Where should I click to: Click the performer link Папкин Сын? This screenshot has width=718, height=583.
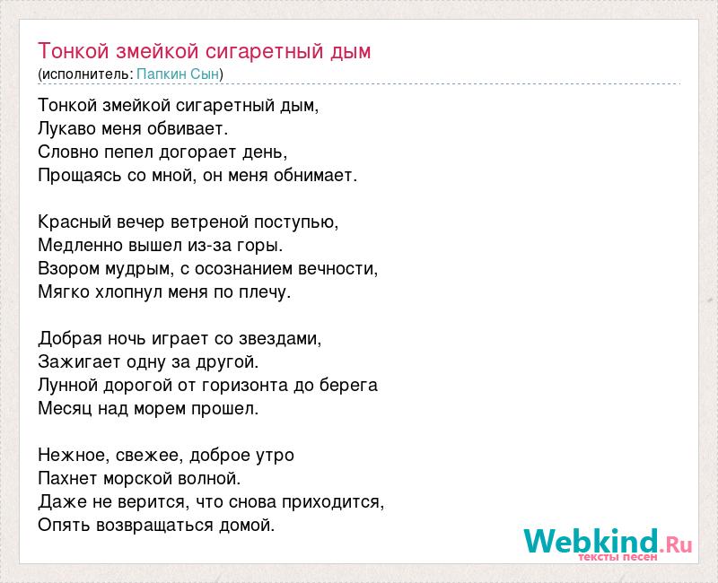pos(178,74)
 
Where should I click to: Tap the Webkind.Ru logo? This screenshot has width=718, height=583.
pos(608,544)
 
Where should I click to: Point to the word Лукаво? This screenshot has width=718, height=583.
pos(66,128)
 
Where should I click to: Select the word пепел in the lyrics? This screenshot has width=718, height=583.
pos(128,152)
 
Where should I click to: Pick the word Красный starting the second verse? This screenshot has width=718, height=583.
pos(74,222)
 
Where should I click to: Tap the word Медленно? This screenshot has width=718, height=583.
pos(80,245)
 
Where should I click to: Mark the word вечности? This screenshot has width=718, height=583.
pos(338,268)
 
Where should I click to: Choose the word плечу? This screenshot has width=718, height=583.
pos(265,292)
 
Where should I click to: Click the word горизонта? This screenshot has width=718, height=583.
pos(244,386)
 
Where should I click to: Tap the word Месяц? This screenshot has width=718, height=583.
pos(65,409)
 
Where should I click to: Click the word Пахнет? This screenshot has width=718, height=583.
pos(68,479)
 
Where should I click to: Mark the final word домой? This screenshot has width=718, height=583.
pos(247,525)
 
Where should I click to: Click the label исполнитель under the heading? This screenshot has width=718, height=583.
pos(86,74)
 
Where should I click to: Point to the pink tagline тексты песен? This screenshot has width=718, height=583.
pos(617,557)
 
